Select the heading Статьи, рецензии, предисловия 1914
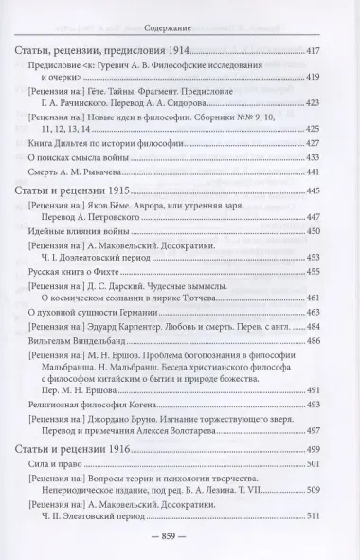[99, 49]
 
